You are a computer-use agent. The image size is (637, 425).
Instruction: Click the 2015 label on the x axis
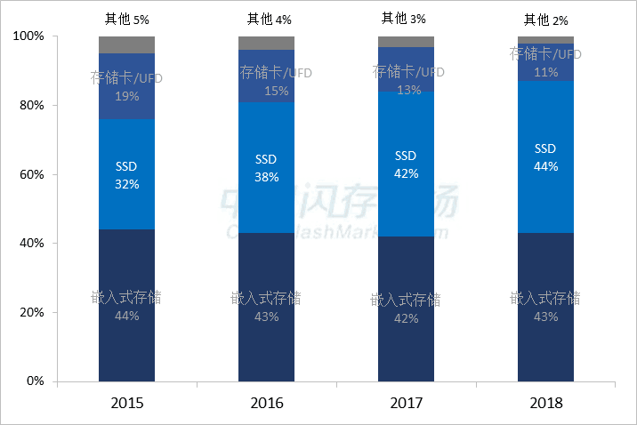[x=127, y=403]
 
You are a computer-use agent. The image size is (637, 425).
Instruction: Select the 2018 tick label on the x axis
[x=546, y=403]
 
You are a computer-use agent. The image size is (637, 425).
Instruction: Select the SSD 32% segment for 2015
[x=127, y=174]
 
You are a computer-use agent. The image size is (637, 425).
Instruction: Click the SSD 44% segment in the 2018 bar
[x=546, y=157]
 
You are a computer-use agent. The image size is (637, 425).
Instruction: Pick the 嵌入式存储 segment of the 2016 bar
[x=267, y=307]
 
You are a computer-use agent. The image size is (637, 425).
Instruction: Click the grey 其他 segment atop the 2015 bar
[x=127, y=44]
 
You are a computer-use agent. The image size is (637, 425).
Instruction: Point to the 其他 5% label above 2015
[x=126, y=18]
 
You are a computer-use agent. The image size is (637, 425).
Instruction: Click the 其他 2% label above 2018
[x=545, y=19]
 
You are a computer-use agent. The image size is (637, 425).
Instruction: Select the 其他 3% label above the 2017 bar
[x=406, y=18]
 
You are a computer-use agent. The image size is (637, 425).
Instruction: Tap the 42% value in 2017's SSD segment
[x=407, y=173]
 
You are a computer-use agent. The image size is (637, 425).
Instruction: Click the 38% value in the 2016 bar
[x=267, y=177]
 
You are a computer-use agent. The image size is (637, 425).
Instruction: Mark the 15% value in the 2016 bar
[x=267, y=91]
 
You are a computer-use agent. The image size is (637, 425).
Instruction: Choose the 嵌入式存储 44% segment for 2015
[x=127, y=305]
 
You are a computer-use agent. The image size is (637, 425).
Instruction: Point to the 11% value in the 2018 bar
[x=546, y=72]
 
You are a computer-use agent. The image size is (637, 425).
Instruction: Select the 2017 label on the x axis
[x=407, y=403]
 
